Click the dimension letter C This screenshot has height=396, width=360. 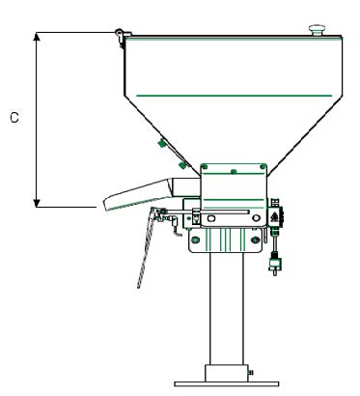coord(14,118)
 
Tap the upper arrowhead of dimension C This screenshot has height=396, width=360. coord(37,37)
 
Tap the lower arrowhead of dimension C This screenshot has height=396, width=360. coord(37,203)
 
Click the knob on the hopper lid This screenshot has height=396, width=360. coord(317,30)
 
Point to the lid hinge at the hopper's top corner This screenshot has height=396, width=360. coord(122,36)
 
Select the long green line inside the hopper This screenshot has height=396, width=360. coord(234,96)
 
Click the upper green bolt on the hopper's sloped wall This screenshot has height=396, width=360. coord(162,143)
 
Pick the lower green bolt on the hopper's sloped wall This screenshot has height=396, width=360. coord(182,165)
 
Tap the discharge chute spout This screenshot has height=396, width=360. coord(138,194)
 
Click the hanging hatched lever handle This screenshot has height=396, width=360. coord(146,249)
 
